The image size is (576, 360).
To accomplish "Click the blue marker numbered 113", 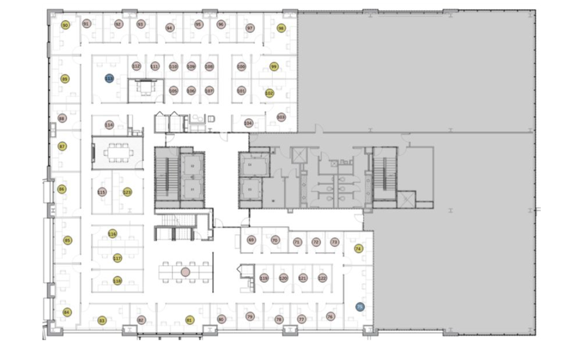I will (109, 78).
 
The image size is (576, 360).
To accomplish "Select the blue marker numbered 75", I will (360, 307).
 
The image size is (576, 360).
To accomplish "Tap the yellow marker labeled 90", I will (65, 25).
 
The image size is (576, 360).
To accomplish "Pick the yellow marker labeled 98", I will (282, 28).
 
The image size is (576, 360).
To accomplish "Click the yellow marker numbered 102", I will (269, 93).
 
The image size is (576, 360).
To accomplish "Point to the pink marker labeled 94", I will (169, 27).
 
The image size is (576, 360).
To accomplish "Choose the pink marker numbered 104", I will (248, 123).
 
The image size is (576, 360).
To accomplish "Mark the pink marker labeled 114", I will (109, 125).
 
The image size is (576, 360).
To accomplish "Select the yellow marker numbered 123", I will (127, 192).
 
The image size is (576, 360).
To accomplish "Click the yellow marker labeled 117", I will (117, 258).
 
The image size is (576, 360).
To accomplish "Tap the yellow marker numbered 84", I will (66, 312).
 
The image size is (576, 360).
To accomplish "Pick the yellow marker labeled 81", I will (189, 319).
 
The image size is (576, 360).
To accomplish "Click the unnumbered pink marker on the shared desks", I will (185, 272).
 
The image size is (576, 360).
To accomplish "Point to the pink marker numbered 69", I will (251, 240).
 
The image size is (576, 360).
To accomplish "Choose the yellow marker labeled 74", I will (359, 248).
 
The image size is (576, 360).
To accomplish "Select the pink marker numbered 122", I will (322, 278).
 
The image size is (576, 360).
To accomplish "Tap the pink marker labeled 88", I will (62, 118).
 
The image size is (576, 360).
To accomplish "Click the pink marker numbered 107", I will (209, 91).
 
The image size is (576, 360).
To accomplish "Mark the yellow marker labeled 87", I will (62, 146).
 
